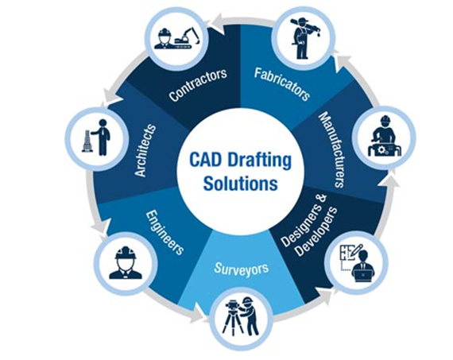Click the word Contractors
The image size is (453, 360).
[x=198, y=85]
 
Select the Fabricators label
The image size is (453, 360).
[x=281, y=84]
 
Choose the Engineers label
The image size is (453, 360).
[x=165, y=233]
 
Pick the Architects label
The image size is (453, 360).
[x=145, y=150]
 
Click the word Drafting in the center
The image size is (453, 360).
[x=260, y=161]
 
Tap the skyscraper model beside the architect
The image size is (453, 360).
[x=87, y=141]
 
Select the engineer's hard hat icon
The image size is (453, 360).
[x=126, y=254]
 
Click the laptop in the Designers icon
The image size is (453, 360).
[x=363, y=277]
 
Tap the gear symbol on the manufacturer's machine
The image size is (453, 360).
[x=382, y=149]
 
